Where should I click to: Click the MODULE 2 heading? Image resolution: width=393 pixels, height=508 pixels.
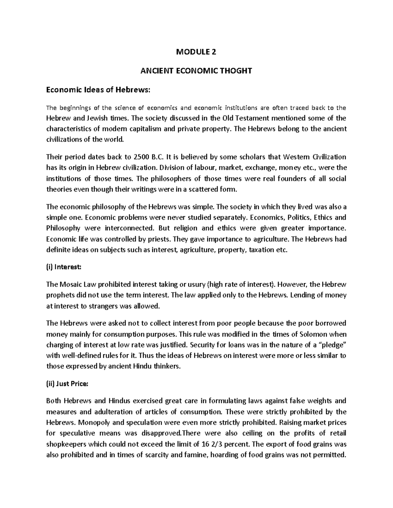click(196, 52)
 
